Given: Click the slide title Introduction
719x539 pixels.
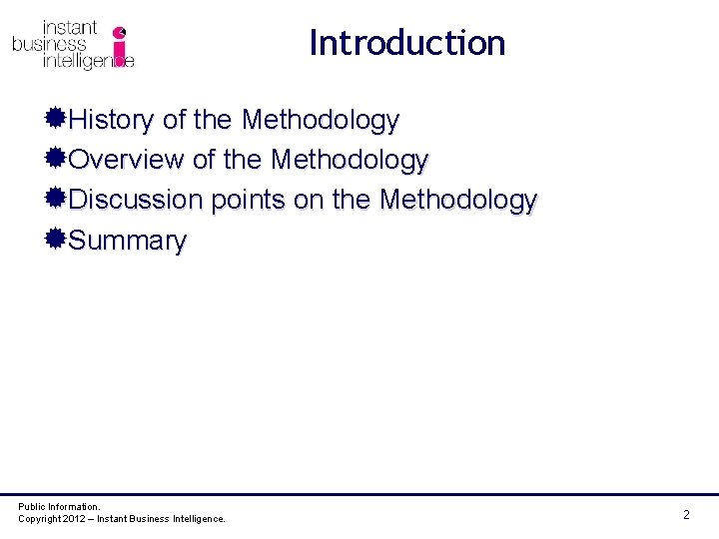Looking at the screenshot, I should (407, 43).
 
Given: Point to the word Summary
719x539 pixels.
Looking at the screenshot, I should (128, 242).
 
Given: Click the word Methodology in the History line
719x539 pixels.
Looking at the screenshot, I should (320, 122).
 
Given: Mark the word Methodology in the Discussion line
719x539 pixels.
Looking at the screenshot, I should (458, 202).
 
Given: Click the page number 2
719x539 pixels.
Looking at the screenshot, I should (686, 515).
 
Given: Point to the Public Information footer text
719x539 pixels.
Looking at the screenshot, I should (59, 507).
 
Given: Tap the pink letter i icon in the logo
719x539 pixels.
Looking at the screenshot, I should (120, 45).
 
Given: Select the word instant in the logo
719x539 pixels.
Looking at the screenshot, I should (69, 28).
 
